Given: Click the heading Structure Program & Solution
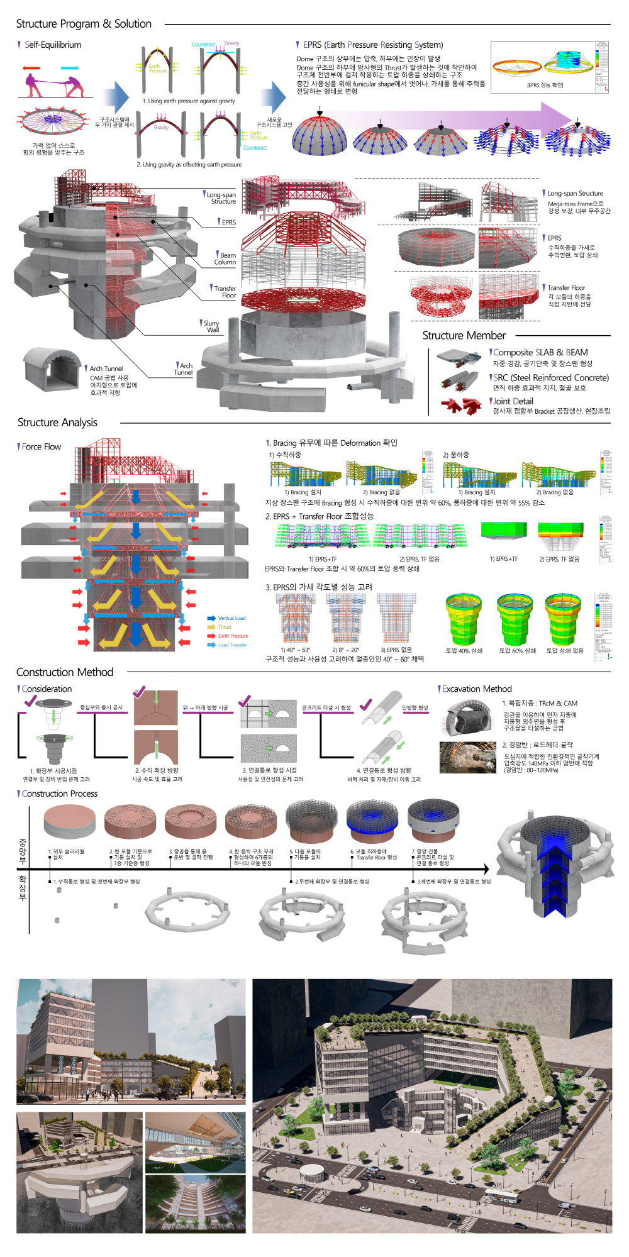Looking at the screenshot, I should (x=84, y=24).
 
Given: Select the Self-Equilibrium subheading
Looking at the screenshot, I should (x=52, y=45).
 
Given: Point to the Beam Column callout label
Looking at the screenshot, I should (x=225, y=258).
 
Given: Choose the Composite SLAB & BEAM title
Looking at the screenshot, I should (x=540, y=353).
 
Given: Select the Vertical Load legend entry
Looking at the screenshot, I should (x=231, y=618).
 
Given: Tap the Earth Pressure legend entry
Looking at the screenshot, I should (x=232, y=636).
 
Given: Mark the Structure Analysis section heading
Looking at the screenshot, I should (x=57, y=423).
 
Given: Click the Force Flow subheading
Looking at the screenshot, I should (x=41, y=446).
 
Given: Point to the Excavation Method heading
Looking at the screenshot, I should (x=477, y=689).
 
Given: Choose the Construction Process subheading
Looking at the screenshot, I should (x=59, y=794).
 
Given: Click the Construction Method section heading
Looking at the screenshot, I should (x=65, y=672).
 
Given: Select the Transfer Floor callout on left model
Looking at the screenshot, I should (x=225, y=292).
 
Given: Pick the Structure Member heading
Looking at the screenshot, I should (x=464, y=336).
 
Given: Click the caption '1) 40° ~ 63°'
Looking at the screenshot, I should (x=295, y=650).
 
